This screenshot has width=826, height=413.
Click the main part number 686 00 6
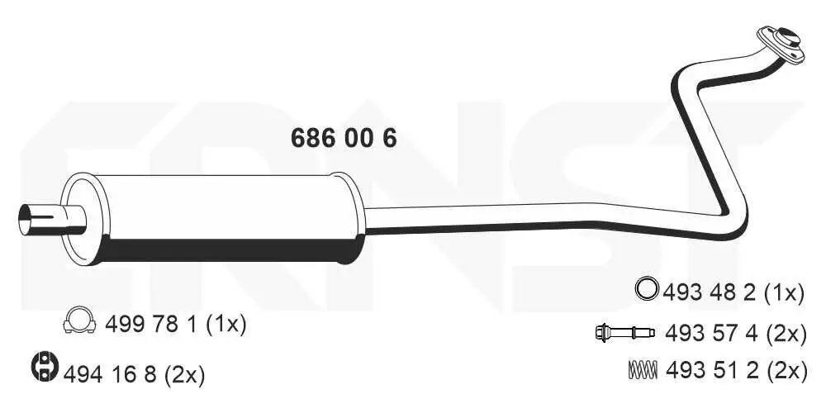[x=344, y=138]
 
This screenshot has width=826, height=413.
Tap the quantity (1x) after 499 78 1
[x=225, y=325]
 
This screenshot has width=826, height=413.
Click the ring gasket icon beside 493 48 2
[x=646, y=290]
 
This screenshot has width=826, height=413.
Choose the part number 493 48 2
[x=708, y=292]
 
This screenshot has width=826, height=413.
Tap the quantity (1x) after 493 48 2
[x=782, y=292]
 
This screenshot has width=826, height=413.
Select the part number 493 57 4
[x=708, y=334]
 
